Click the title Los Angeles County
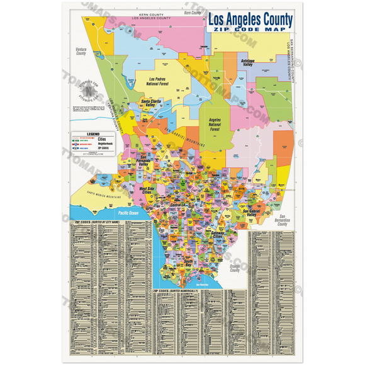(250, 20)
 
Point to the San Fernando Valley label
(143, 164)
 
